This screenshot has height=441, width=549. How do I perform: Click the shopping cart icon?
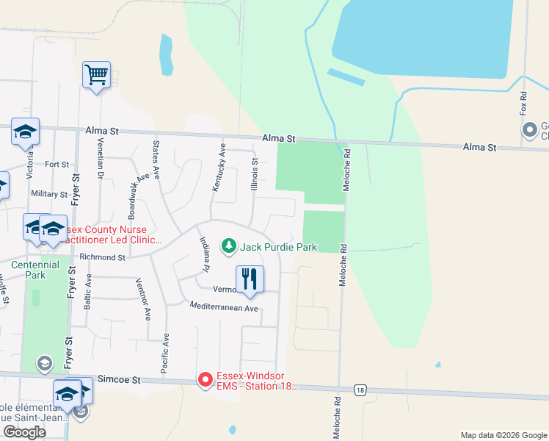(x=96, y=74)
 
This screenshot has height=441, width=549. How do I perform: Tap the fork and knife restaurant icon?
(x=250, y=279)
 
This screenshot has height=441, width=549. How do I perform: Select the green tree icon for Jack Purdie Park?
(x=229, y=245)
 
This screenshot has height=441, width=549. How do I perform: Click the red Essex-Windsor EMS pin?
(x=206, y=380)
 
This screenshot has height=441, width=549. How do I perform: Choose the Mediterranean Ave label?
(x=224, y=307)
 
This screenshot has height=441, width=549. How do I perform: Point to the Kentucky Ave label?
(x=218, y=168)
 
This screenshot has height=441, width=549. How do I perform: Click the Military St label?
(x=49, y=194)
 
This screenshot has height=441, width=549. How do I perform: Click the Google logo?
(x=24, y=432)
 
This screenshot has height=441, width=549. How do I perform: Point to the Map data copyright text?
(x=503, y=435)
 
